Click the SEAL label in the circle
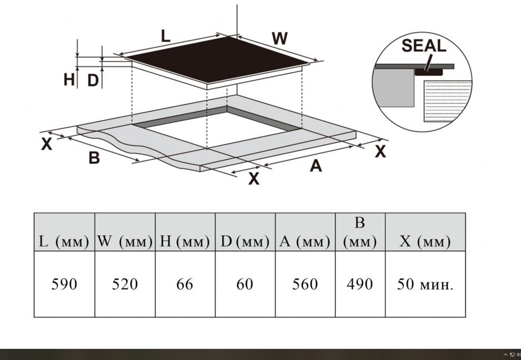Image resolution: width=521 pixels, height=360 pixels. tap(423, 46)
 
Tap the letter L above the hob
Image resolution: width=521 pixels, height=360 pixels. tap(166, 36)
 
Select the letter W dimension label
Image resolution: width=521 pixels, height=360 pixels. tap(280, 38)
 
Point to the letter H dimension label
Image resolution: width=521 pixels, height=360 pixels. tap(69, 80)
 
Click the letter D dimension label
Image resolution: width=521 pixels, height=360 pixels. tap(93, 81)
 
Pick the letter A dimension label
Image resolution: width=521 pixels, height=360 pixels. tap(316, 166)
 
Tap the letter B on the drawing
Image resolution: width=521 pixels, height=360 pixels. tap(94, 157)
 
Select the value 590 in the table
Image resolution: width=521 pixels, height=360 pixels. tap(64, 284)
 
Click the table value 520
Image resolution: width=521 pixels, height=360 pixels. tap(125, 284)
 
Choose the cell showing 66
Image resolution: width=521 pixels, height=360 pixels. tap(185, 284)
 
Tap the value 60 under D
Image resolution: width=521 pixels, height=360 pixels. tap(244, 284)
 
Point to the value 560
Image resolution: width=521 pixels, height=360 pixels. tap(305, 284)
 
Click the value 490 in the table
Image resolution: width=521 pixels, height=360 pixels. tap(360, 284)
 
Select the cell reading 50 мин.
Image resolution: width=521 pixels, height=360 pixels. tap(425, 284)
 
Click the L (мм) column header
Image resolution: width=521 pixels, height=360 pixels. tap(64, 241)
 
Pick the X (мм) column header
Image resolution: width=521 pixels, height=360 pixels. tap(425, 241)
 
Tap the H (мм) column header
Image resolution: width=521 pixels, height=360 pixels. tap(185, 241)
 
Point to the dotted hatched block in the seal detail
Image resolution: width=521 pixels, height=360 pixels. tap(447, 101)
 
